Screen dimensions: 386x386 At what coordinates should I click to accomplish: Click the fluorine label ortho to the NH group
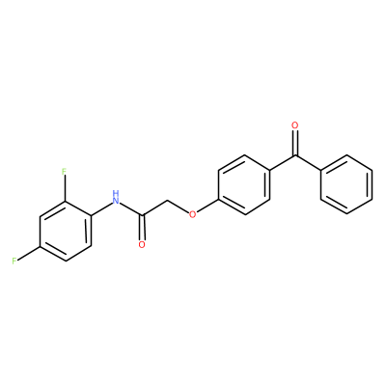coord(65,171)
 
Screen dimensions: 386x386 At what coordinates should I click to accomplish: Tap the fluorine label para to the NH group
coord(14,261)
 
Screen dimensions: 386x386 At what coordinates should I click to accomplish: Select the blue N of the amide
coord(116,202)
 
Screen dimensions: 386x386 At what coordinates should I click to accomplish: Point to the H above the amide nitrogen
coord(116,194)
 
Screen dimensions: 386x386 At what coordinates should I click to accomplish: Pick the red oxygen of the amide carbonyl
coord(142,245)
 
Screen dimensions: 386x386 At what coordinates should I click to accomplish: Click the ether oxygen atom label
coord(192,214)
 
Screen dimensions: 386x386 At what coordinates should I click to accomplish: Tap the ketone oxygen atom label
coord(294,125)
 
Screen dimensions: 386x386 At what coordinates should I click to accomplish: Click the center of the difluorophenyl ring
coord(66,231)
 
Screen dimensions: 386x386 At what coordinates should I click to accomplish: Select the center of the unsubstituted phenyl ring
coord(346,184)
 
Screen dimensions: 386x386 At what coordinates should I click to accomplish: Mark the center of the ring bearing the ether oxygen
coord(244,184)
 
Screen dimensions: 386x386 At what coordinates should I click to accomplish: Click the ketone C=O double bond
coord(294,143)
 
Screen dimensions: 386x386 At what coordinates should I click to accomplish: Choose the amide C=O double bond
coord(142,228)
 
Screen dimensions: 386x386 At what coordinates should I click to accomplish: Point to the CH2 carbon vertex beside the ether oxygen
coord(168,202)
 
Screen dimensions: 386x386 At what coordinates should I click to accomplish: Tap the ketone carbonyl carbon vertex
coord(294,155)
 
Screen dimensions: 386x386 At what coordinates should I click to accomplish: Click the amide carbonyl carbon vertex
coord(142,215)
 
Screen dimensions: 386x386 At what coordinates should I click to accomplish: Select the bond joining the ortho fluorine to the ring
coord(65,188)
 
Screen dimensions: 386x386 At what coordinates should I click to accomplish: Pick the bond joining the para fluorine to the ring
coord(29,253)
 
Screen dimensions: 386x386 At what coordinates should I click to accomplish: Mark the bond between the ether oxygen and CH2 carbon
coord(179,207)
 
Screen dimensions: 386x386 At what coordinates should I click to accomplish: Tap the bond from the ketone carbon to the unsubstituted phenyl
coord(308,163)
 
